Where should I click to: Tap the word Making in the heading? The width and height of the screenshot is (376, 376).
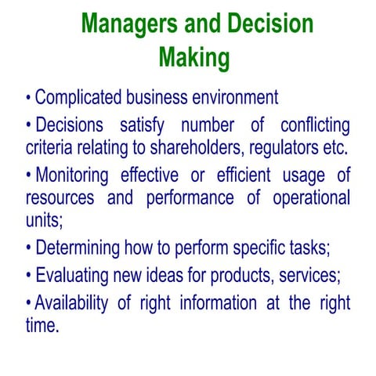pos(193,56)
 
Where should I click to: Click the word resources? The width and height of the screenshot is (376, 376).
pos(61,197)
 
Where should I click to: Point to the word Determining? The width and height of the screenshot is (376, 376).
pos(86,248)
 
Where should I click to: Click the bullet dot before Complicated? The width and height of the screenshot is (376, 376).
pos(29,99)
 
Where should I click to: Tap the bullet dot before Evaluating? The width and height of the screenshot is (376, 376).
pos(29,277)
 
